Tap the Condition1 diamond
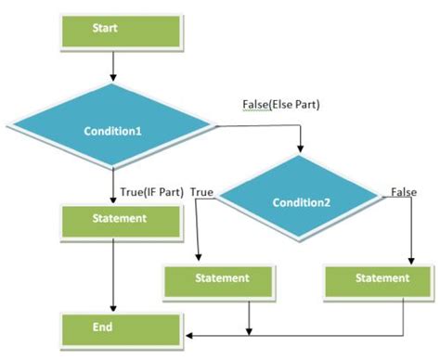[112, 131]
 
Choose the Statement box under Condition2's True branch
[222, 277]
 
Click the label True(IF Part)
[151, 192]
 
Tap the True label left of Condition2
[203, 191]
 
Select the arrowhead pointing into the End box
[186, 333]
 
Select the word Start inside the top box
[105, 29]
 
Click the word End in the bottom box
[104, 327]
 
